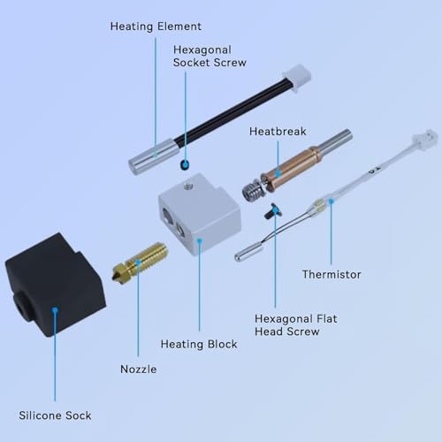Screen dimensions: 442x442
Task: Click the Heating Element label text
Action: [x=156, y=27]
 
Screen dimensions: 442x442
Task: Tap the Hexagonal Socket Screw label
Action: [x=210, y=56]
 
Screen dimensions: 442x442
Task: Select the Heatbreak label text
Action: [x=278, y=132]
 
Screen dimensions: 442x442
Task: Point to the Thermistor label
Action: [x=331, y=275]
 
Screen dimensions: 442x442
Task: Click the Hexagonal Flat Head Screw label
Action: [x=296, y=325]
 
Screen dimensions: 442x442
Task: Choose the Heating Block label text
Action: [x=199, y=344]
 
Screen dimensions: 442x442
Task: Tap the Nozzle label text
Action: [x=138, y=370]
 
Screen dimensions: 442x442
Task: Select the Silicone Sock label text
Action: [x=55, y=415]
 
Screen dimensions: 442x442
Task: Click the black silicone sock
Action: [x=55, y=286]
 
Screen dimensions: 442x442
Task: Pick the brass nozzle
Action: [x=140, y=262]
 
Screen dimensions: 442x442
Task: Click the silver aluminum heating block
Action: [x=200, y=214]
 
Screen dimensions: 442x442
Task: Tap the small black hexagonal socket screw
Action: [x=185, y=164]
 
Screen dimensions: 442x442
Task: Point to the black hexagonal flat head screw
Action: [x=272, y=211]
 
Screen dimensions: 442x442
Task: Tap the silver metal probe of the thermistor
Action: [x=248, y=252]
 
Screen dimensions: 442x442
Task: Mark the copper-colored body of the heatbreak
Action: [x=290, y=169]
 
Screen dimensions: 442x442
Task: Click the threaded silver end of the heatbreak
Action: [x=252, y=190]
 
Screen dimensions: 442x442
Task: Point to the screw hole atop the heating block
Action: [x=187, y=186]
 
